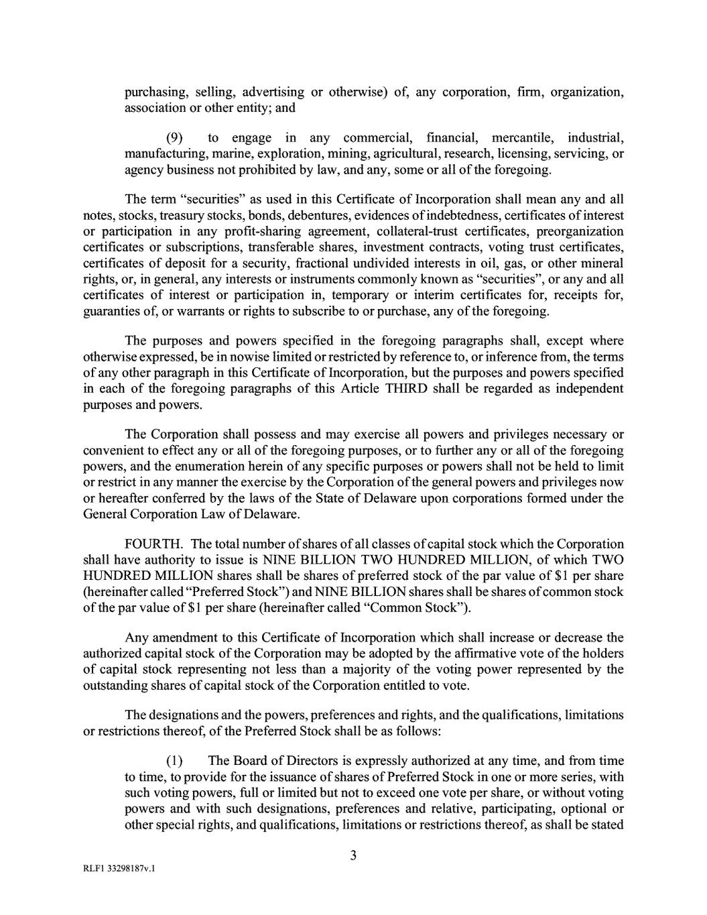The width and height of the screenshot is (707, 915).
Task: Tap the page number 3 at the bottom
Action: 353,856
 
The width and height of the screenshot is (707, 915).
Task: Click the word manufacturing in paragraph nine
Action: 167,154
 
